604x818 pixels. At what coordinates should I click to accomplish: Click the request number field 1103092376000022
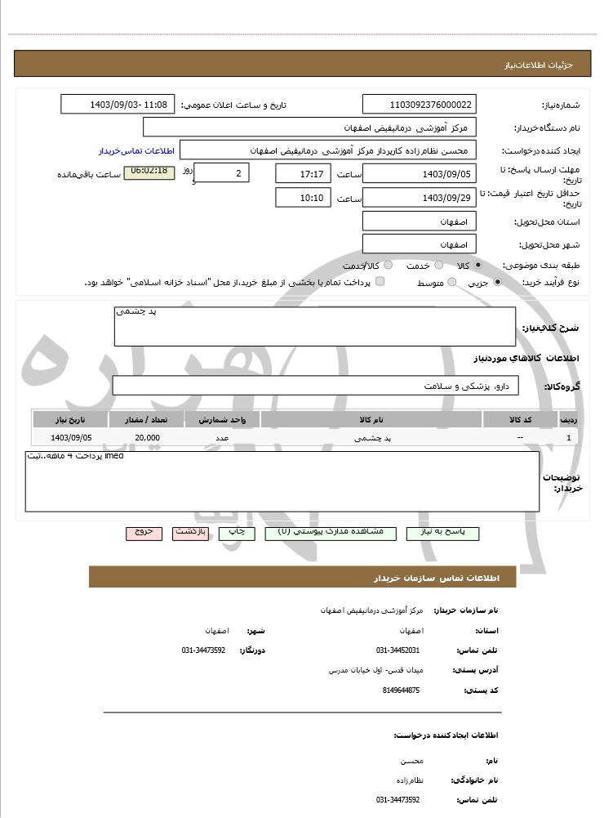(x=419, y=105)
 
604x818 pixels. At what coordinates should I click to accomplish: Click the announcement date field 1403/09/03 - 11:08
(x=118, y=105)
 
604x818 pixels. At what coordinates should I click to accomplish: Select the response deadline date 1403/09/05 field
(x=419, y=174)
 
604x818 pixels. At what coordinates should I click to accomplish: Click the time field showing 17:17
(x=304, y=174)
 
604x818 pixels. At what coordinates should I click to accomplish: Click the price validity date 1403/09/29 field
(x=419, y=198)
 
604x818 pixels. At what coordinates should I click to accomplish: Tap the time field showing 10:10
(x=304, y=198)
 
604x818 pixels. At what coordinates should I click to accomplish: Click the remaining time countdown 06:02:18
(x=149, y=172)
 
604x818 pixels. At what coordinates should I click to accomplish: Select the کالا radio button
(x=478, y=266)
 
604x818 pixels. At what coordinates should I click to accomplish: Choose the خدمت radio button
(x=438, y=266)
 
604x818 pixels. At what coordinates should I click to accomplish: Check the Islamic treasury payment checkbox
(x=380, y=282)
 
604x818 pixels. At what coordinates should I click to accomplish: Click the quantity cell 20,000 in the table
(x=147, y=438)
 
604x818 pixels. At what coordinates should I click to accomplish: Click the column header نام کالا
(x=371, y=420)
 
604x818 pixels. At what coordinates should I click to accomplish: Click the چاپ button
(x=236, y=533)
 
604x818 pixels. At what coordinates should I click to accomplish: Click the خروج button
(x=144, y=533)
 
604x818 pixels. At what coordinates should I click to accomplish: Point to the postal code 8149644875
(x=401, y=691)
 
